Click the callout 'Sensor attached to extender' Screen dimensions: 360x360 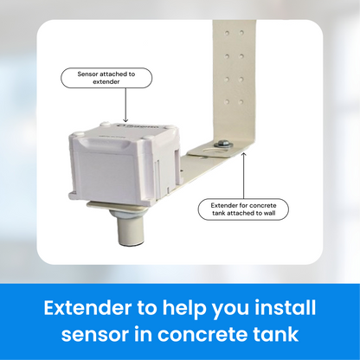click(x=106, y=78)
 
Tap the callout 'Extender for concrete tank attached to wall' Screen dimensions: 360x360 click(x=243, y=209)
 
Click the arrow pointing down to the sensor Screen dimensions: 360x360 click(x=125, y=105)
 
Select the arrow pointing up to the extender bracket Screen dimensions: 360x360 click(x=244, y=176)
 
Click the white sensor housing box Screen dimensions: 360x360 click(x=125, y=162)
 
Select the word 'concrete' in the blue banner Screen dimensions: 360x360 click(x=202, y=334)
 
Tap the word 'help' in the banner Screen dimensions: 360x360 click(x=184, y=309)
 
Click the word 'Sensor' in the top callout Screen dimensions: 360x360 click(x=87, y=74)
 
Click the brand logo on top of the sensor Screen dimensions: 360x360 click(x=138, y=127)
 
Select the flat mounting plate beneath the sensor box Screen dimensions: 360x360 click(x=118, y=207)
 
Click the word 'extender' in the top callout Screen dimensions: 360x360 click(x=106, y=82)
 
